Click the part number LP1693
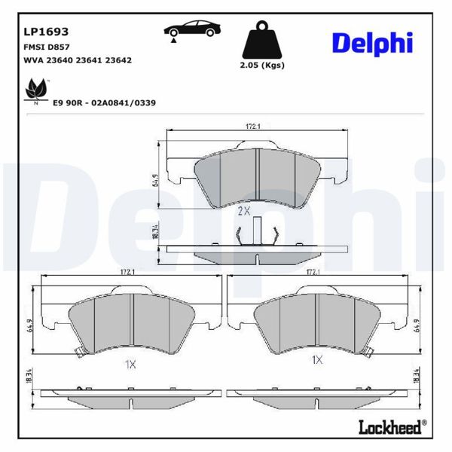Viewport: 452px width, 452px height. (47, 32)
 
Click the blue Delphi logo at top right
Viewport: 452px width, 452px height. (372, 43)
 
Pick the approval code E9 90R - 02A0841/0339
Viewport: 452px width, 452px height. (105, 102)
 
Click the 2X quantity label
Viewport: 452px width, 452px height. (243, 212)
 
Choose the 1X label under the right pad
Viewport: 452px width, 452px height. (317, 361)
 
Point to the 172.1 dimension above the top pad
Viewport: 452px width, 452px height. (253, 127)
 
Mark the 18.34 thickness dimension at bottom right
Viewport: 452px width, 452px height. (416, 374)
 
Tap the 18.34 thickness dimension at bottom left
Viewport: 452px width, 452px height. (29, 374)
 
